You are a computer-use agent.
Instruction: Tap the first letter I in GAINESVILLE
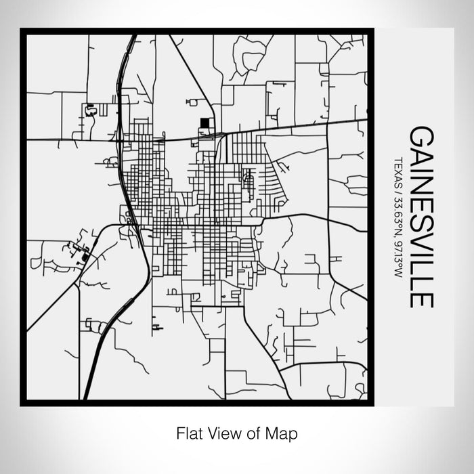(421, 169)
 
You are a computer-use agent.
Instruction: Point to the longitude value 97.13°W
(397, 257)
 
